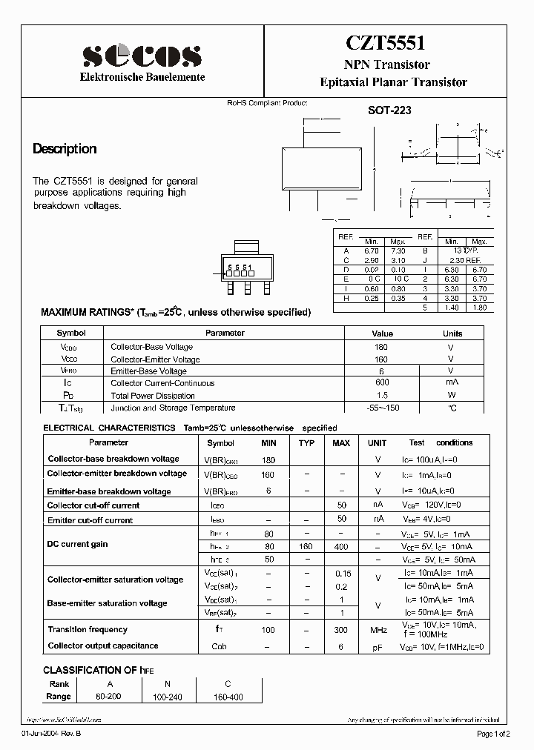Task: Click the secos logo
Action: coord(142,56)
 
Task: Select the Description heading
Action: coord(65,149)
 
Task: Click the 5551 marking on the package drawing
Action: coord(240,267)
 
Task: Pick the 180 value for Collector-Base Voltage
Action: coord(382,346)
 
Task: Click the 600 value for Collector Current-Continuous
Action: coord(382,382)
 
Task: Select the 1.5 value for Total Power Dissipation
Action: coord(382,395)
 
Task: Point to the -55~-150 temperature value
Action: coord(382,408)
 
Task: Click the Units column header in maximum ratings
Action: coord(452,333)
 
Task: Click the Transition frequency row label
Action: coord(88,629)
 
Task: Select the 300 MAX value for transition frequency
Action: coord(340,630)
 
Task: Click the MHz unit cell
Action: coord(378,630)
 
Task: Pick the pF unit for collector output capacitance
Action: coord(378,647)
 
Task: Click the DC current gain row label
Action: coord(78,544)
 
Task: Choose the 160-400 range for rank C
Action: coord(228,697)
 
